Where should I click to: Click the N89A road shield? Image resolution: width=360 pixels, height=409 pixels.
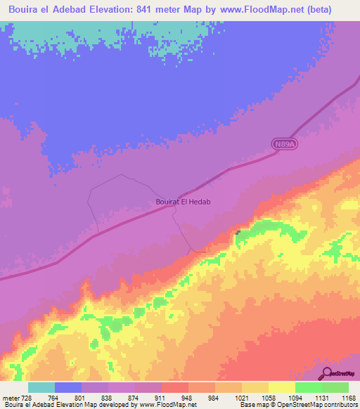click(283, 144)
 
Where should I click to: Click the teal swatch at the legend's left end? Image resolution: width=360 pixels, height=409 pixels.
click(41, 387)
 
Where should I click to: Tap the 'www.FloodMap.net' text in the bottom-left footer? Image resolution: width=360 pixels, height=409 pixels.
click(169, 405)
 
